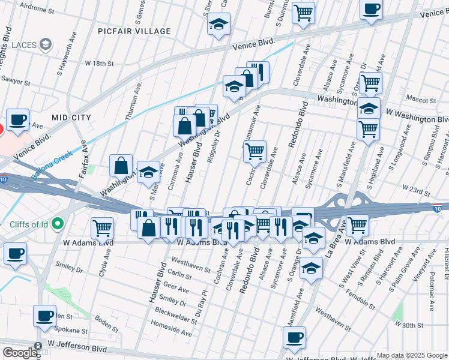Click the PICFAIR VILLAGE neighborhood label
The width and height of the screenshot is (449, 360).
pyautogui.click(x=135, y=31)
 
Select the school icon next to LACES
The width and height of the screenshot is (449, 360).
pyautogui.click(x=45, y=45)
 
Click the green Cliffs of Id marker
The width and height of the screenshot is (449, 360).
pyautogui.click(x=58, y=224)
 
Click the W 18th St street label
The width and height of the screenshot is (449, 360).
pyautogui.click(x=99, y=63)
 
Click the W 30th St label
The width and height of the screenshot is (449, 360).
pyautogui.click(x=409, y=325)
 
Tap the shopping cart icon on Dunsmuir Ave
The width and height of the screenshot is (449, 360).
pyautogui.click(x=255, y=151)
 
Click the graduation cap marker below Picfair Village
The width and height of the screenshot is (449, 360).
pyautogui.click(x=219, y=24)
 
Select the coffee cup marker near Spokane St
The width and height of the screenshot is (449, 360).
pyautogui.click(x=44, y=316)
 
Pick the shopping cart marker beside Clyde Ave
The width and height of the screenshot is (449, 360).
pyautogui.click(x=103, y=228)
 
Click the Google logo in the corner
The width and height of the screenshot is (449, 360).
pyautogui.click(x=19, y=353)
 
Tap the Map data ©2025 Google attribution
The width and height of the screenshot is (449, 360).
pyautogui.click(x=411, y=355)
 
